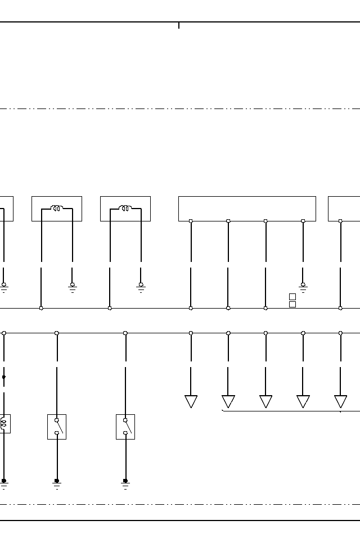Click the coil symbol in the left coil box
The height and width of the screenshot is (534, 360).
coord(57,209)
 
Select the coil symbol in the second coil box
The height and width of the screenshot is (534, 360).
coord(125,209)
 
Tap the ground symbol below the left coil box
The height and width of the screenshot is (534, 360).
coord(73,287)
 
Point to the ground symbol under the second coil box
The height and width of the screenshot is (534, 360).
coord(141,287)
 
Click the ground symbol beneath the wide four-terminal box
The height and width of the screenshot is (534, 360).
coord(303,287)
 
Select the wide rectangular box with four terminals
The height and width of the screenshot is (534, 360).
coord(247,208)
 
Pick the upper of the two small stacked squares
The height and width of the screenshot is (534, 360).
coord(292,297)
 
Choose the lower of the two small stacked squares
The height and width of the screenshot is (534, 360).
coord(292,304)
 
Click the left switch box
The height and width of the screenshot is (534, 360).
coord(57,427)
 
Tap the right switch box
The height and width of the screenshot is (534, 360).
coord(125,427)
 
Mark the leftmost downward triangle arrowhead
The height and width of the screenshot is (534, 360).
coord(191,401)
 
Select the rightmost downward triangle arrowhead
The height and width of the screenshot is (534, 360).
coord(340,401)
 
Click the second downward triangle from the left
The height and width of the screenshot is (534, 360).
coord(228,401)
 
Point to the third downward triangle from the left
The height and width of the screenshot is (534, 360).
coord(265,401)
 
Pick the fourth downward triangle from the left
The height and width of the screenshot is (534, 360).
coord(303,401)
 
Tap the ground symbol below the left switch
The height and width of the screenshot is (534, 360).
coord(57,483)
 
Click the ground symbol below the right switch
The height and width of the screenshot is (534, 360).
coord(125,483)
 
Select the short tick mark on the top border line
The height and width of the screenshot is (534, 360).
coord(179,25)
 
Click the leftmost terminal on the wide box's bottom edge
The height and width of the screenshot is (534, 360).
coord(191,221)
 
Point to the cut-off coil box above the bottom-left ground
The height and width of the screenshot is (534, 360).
coord(4,423)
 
